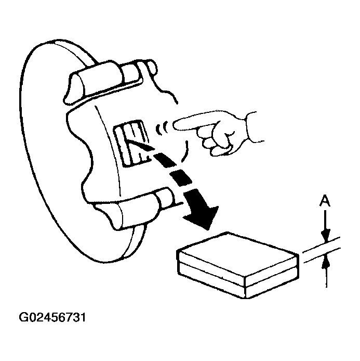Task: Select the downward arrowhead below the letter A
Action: (325, 235)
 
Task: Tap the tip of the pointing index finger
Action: (176, 123)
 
